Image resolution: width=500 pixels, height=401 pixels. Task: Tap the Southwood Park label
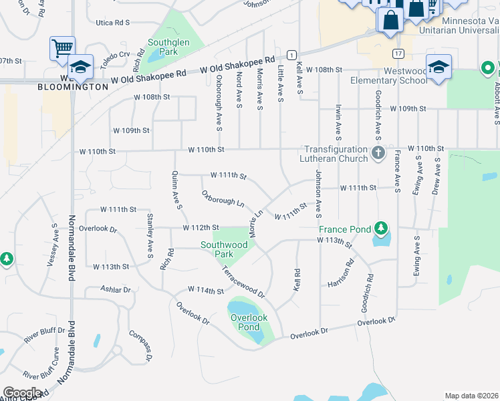tap(225, 249)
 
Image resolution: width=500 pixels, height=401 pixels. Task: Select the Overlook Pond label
tap(249, 322)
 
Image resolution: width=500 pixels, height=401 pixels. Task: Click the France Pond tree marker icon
tap(381, 229)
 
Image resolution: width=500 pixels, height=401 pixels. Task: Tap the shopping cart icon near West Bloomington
tap(61, 47)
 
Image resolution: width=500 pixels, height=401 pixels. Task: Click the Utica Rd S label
tap(112, 23)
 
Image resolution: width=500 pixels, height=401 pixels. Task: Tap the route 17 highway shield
tap(398, 53)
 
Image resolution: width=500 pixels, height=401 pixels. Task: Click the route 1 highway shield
tap(291, 53)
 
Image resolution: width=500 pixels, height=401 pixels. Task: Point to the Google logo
tap(22, 393)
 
